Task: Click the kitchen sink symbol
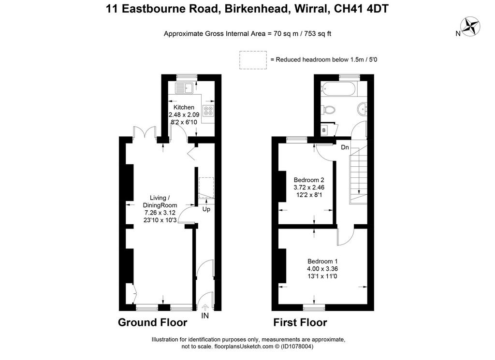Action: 185,88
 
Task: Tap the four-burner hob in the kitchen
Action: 208,111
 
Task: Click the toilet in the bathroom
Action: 328,110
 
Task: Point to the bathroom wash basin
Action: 363,109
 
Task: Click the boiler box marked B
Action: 324,130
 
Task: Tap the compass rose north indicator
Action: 470,26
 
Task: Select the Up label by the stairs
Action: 206,209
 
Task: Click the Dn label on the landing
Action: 345,147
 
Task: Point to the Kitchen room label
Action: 184,107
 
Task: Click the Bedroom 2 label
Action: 309,180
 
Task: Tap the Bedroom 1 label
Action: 322,261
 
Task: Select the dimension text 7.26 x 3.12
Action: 160,213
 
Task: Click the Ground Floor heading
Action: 152,322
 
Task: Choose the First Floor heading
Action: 300,322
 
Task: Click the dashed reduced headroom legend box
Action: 253,60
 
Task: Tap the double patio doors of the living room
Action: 145,132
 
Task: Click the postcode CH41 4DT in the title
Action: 361,9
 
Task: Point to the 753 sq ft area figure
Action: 318,34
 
